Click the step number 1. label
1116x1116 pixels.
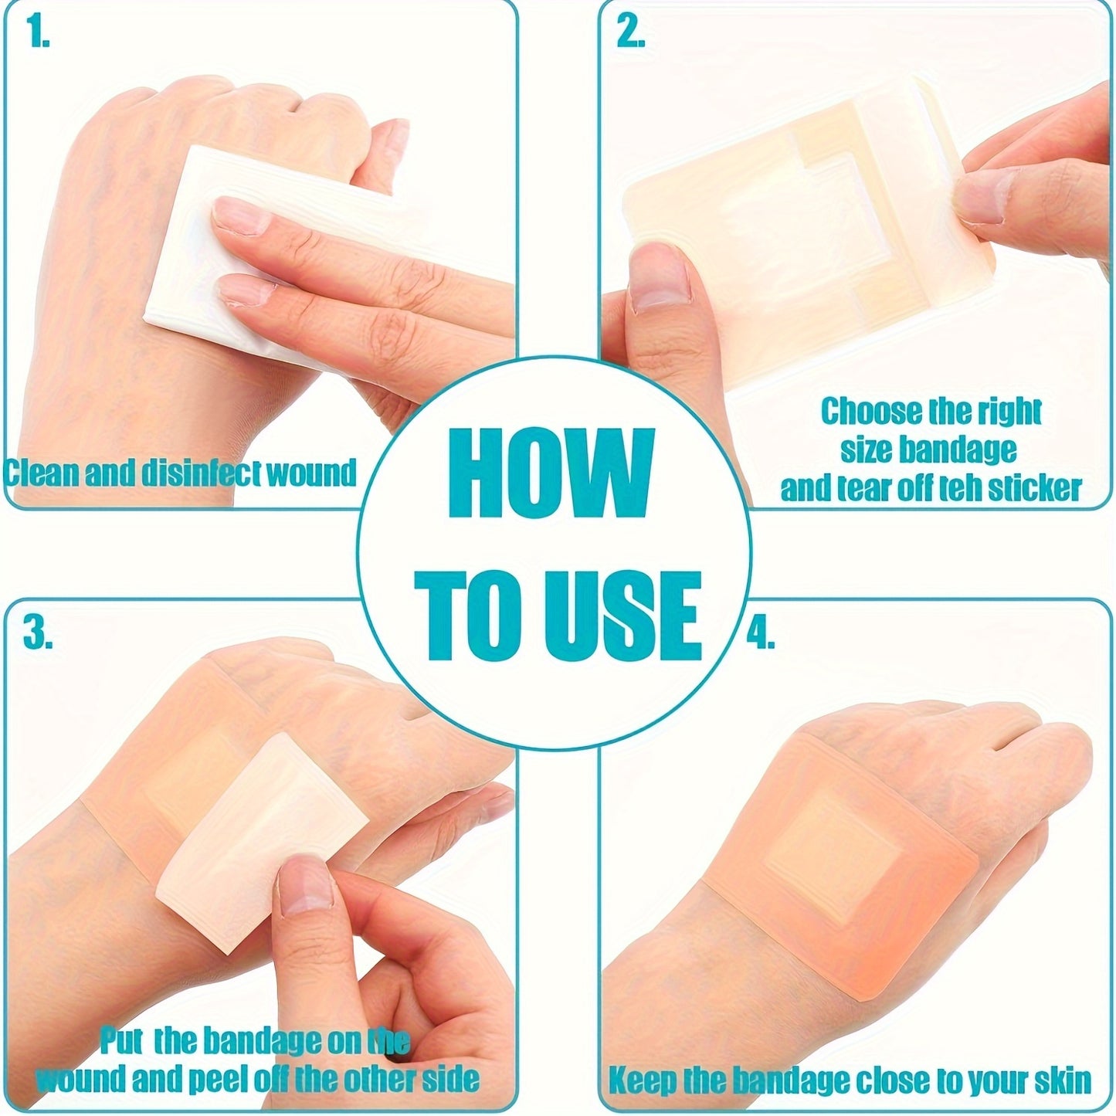point(36,36)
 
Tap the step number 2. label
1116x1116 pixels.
point(630,34)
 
